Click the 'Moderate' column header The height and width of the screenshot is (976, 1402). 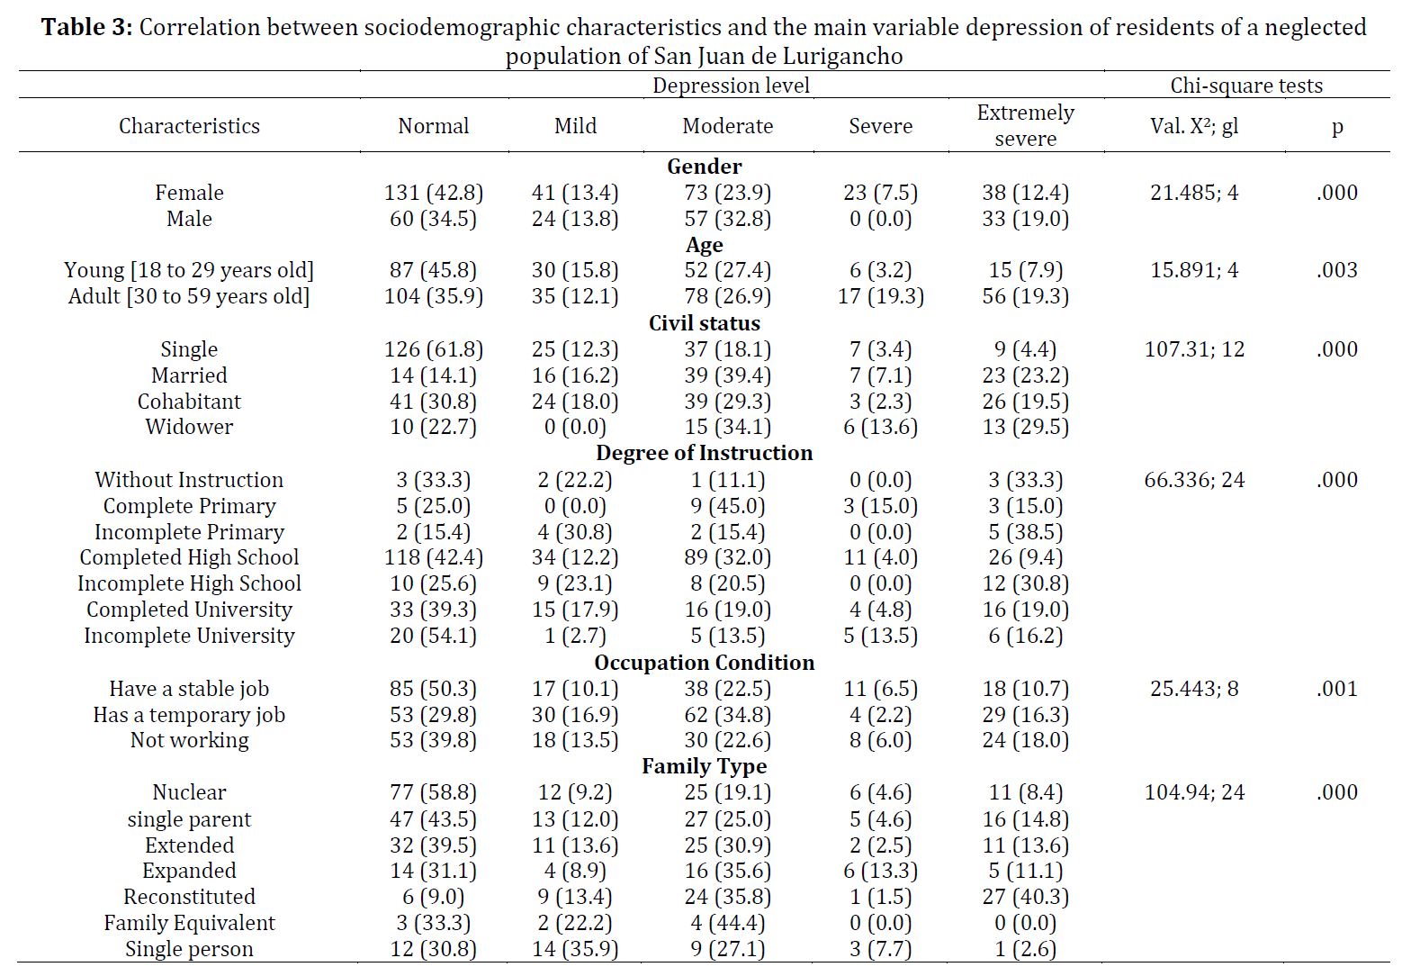727,126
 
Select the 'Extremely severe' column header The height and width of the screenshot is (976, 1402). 1025,125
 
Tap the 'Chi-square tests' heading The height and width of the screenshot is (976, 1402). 1246,86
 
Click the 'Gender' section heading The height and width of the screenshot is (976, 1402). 704,167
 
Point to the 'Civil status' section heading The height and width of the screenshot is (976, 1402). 704,323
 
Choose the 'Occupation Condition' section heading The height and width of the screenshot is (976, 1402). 704,663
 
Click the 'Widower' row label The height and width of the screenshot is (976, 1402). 189,427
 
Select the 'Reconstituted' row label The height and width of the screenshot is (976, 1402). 189,897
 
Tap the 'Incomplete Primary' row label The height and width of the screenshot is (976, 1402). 189,532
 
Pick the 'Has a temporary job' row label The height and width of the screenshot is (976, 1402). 189,715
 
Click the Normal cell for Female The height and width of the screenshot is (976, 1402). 433,193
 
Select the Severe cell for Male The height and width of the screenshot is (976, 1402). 880,219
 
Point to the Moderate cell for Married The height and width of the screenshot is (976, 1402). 727,375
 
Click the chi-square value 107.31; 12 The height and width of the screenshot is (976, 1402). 1194,349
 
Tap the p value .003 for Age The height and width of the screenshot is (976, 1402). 1337,270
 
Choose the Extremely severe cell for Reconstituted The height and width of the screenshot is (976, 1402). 1025,897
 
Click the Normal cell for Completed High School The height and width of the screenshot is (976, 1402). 433,558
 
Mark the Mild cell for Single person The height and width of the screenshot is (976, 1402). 575,950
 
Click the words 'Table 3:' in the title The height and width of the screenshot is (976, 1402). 87,28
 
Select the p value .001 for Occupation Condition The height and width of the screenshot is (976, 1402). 1337,690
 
